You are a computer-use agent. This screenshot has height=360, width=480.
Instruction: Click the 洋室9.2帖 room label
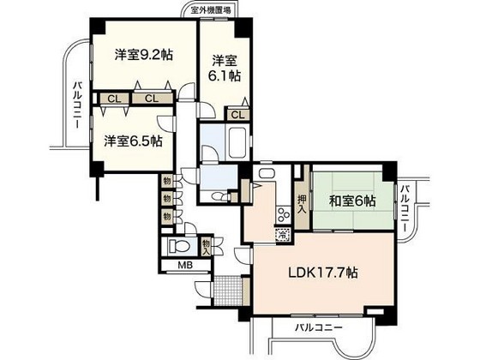[x=143, y=54]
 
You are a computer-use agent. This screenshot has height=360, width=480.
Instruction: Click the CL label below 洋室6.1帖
[x=239, y=114]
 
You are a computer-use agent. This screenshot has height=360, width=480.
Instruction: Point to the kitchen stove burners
[x=279, y=214]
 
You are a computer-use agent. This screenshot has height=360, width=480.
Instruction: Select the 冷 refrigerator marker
[x=281, y=232]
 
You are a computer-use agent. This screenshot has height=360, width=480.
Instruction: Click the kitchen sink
[x=265, y=177]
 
